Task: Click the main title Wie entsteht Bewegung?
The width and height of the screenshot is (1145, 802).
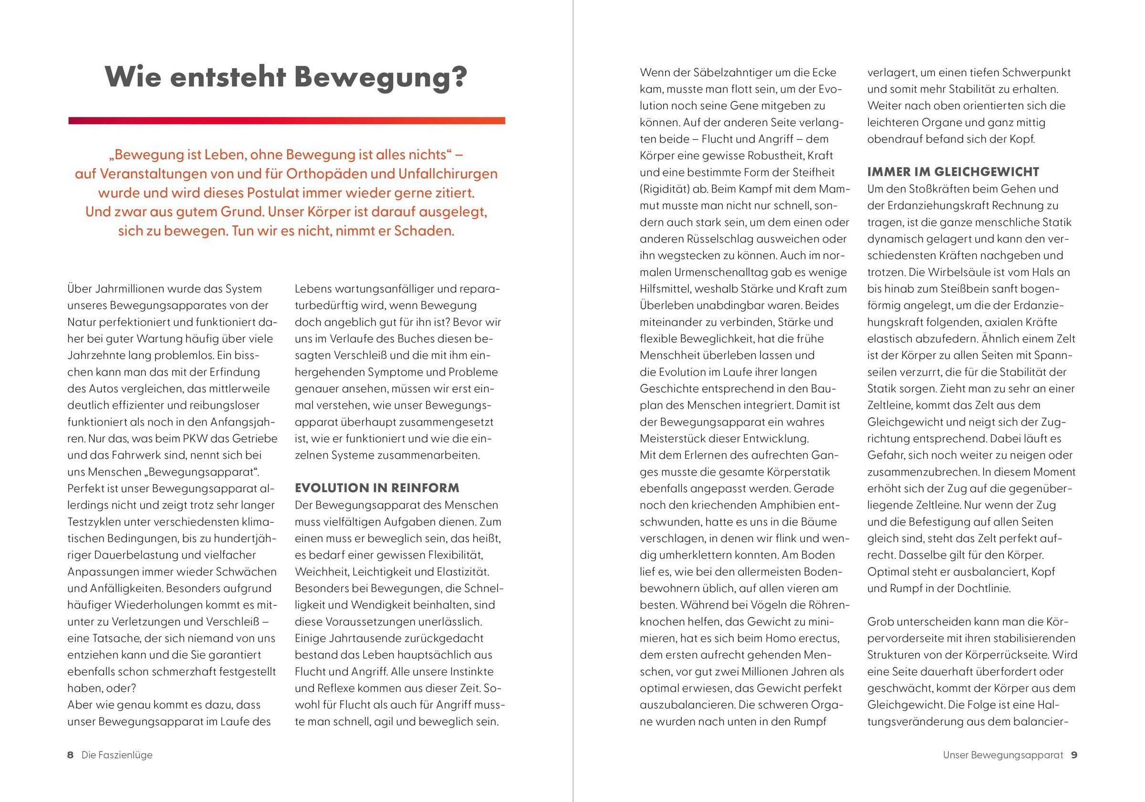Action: tap(286, 78)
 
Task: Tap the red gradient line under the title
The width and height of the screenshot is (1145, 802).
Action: tap(286, 121)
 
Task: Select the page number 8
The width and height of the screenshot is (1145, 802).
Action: tap(70, 755)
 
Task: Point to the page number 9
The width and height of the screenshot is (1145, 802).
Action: tap(1074, 755)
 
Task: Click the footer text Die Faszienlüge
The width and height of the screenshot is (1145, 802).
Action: tap(117, 755)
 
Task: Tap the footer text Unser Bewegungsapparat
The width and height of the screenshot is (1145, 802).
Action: tap(1003, 755)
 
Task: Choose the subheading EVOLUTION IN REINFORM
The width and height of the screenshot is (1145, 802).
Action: tap(377, 488)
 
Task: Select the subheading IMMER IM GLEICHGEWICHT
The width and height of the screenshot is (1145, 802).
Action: tap(953, 172)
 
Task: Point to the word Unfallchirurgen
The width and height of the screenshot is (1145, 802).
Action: tap(448, 174)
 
